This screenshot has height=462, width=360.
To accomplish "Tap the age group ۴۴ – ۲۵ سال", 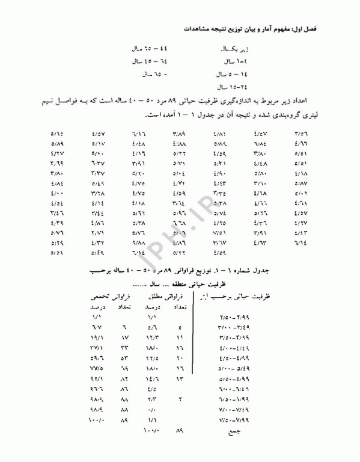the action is [x=147, y=48].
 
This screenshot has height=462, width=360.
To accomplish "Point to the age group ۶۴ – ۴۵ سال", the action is [x=147, y=61].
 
